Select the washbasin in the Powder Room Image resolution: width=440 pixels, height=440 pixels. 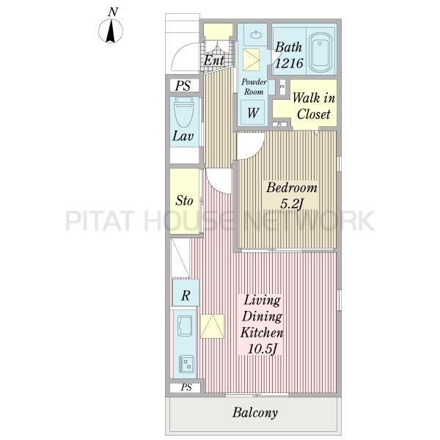click(256, 35)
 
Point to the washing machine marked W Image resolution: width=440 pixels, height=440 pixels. click(253, 112)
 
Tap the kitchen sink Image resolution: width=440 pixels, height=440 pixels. click(185, 326)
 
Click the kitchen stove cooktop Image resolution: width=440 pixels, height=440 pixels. click(186, 364)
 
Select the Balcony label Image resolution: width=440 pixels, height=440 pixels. click(255, 412)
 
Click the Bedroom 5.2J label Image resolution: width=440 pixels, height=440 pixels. click(292, 195)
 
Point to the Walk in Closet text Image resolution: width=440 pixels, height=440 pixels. click(314, 106)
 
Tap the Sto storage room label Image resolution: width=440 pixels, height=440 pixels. click(184, 200)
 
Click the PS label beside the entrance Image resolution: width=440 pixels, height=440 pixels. click(183, 86)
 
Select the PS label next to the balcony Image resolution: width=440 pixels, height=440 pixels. click(186, 387)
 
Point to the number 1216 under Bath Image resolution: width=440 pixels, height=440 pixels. click(289, 63)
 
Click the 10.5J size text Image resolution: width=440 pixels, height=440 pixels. click(263, 349)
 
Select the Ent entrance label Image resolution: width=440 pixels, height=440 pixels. click(214, 60)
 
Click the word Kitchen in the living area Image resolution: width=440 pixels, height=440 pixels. click(262, 332)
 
